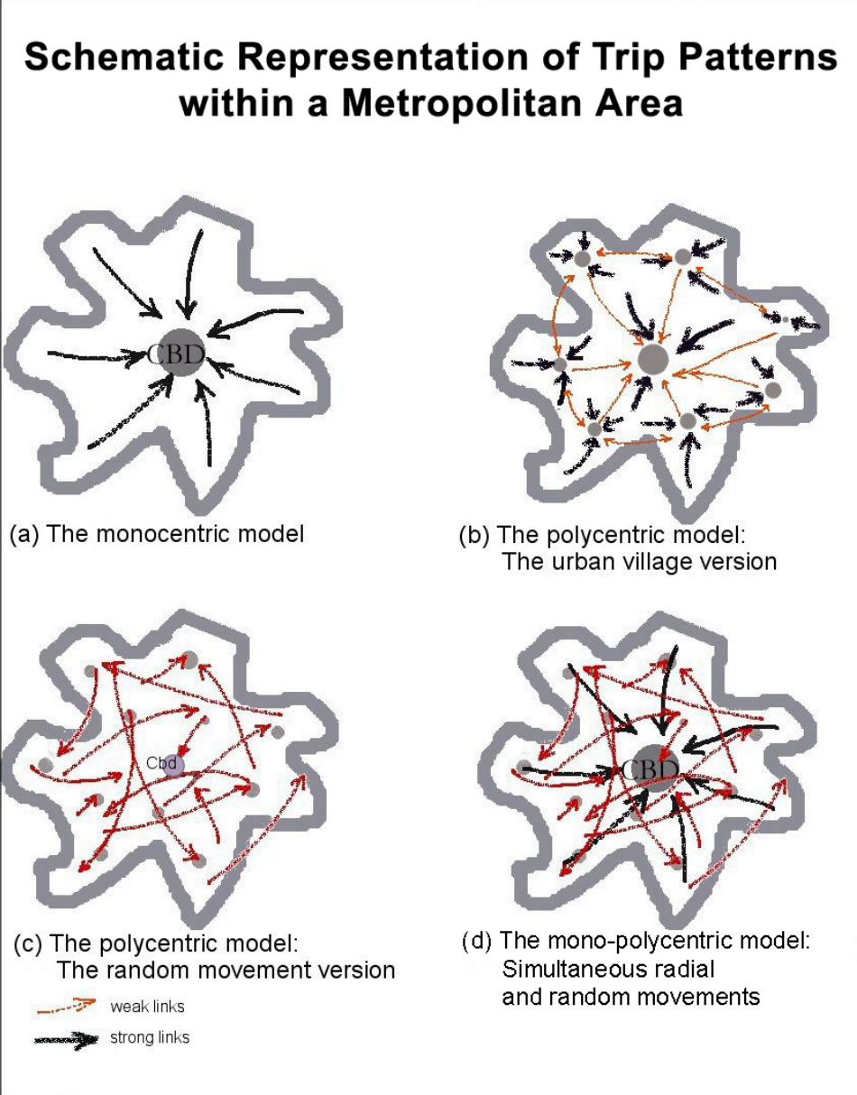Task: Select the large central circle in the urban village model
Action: [x=653, y=359]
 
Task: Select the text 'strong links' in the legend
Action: [x=150, y=1038]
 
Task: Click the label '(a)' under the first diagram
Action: [x=23, y=533]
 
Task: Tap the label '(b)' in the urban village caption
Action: [x=475, y=534]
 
